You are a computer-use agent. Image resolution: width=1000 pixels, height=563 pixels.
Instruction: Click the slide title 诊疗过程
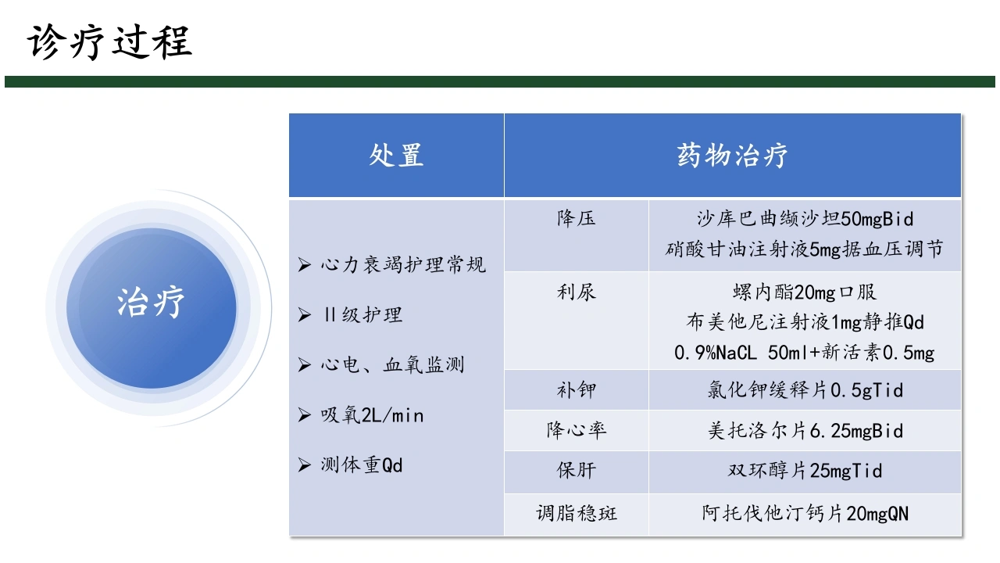click(110, 42)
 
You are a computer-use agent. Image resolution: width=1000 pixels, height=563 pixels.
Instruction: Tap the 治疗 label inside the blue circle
click(151, 303)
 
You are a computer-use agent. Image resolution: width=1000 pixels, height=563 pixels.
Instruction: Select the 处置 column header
click(396, 156)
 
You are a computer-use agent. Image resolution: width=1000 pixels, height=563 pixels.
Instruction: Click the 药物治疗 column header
click(732, 156)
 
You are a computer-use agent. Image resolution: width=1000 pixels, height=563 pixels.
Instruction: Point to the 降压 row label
click(576, 218)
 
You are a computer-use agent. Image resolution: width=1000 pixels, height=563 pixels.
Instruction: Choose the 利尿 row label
click(576, 292)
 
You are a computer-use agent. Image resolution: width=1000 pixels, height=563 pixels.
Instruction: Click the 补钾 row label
click(576, 390)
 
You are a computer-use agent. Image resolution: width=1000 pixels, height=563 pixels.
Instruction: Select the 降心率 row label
click(576, 430)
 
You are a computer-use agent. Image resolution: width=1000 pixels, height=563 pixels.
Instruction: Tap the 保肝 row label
click(576, 470)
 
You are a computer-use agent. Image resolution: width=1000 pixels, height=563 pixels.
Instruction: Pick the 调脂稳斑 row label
click(577, 513)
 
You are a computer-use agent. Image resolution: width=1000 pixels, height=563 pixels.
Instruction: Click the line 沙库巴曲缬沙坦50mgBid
click(805, 219)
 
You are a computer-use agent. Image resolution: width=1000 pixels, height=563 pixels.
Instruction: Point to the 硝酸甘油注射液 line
click(804, 249)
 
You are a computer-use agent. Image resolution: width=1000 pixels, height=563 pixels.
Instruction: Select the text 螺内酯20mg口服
click(805, 292)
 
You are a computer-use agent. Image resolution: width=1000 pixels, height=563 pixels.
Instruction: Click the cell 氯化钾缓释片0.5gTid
click(805, 390)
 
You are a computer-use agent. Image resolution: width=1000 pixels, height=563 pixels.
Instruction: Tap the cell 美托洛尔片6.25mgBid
click(805, 431)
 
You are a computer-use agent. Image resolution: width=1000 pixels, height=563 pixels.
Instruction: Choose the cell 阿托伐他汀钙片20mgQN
click(805, 514)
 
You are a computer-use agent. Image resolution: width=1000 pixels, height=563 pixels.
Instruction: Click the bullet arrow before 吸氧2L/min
click(304, 415)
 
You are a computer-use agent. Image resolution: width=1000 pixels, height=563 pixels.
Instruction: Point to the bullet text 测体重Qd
click(362, 465)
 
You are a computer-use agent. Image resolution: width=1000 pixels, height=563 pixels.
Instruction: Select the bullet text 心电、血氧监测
click(392, 364)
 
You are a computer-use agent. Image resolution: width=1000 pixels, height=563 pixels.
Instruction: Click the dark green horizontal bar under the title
click(499, 82)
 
